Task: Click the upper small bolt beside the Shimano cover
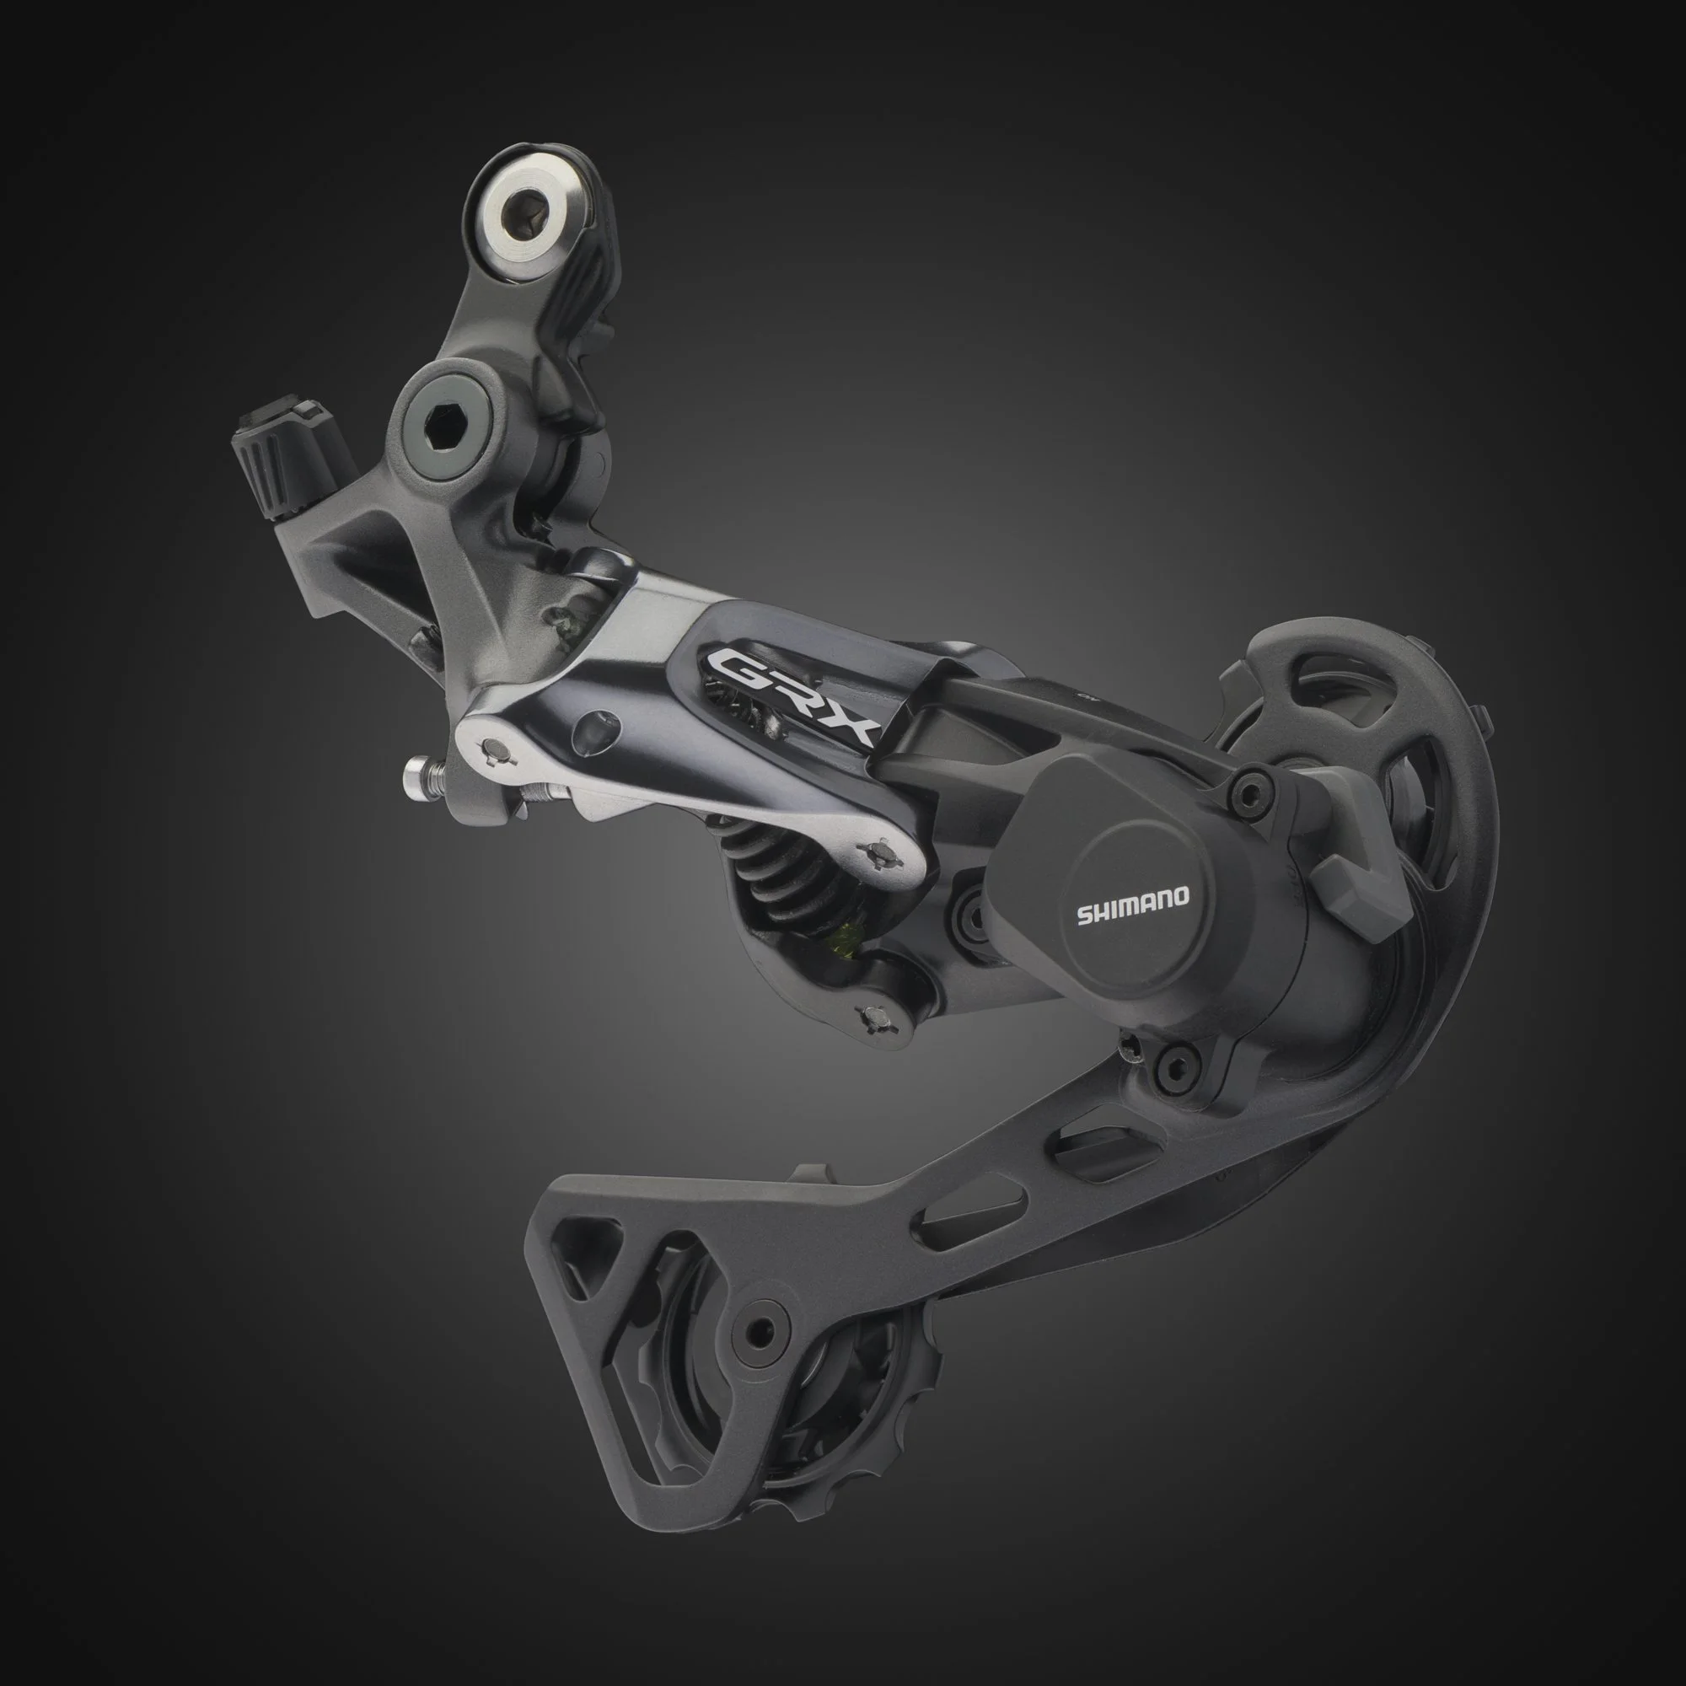click(1253, 791)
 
